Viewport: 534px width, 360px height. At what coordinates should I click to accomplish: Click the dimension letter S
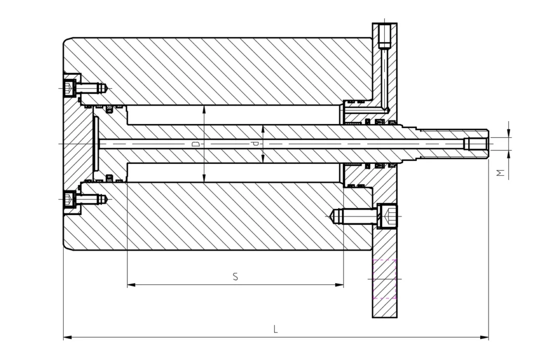(x=236, y=277)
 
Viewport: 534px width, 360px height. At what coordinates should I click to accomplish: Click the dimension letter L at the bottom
(x=276, y=329)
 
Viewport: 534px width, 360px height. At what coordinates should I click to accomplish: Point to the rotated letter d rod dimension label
(x=255, y=143)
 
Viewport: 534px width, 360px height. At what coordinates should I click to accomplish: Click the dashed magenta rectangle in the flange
(x=385, y=279)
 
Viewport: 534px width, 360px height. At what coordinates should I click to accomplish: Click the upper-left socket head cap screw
(x=69, y=87)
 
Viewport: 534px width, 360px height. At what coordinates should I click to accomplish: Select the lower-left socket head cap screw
(x=69, y=199)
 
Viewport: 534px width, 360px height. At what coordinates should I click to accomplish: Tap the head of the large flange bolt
(x=387, y=215)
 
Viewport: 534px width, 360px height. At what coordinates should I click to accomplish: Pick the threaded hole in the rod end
(x=476, y=143)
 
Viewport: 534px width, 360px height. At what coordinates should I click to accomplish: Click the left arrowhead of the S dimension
(x=130, y=285)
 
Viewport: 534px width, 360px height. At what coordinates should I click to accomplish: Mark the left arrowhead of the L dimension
(x=67, y=338)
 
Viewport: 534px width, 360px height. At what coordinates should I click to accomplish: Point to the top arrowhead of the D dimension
(x=204, y=109)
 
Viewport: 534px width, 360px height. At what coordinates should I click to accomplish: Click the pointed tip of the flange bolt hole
(x=331, y=215)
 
